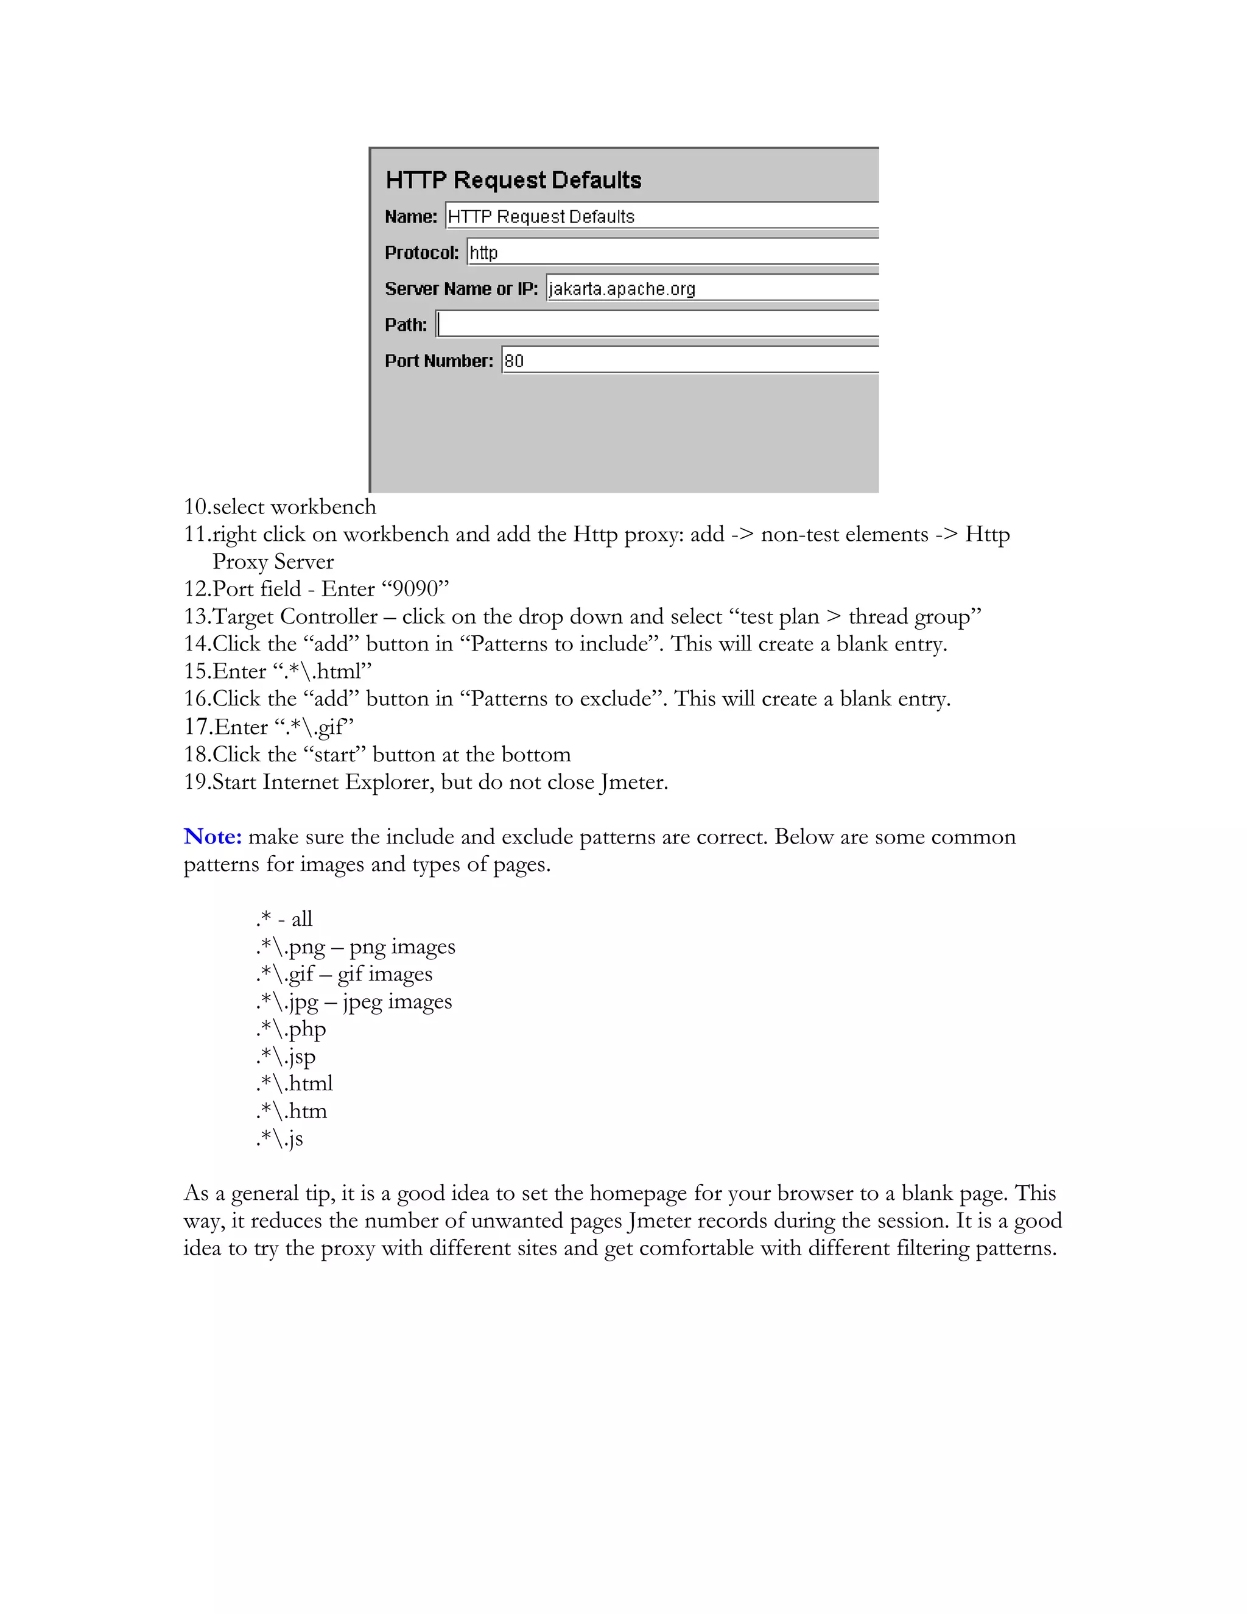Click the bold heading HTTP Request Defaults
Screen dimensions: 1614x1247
click(513, 180)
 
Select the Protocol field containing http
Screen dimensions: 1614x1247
click(672, 253)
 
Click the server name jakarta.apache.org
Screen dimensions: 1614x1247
click(622, 289)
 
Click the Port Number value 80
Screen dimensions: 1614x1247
click(514, 361)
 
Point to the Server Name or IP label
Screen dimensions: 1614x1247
click(461, 289)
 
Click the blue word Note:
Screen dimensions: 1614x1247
click(213, 837)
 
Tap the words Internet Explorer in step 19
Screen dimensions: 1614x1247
click(346, 782)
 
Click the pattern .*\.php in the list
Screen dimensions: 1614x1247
click(291, 1029)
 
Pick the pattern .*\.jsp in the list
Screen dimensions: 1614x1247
click(286, 1057)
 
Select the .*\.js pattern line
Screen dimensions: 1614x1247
click(280, 1139)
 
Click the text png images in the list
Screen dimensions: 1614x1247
click(402, 946)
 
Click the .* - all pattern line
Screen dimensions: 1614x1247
click(284, 919)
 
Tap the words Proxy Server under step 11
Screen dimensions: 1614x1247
click(273, 562)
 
